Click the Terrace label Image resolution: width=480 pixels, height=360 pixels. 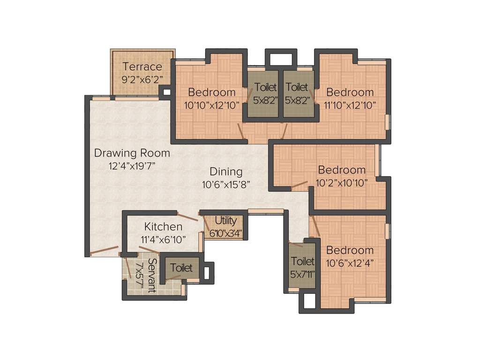click(142, 67)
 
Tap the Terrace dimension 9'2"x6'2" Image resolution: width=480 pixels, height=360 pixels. click(142, 80)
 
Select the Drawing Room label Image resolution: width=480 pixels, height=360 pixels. click(132, 153)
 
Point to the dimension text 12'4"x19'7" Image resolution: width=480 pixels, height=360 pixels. click(132, 165)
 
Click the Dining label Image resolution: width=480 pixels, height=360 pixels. click(226, 172)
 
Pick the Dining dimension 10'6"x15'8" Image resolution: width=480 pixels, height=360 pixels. click(226, 184)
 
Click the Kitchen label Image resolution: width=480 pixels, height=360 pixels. click(163, 227)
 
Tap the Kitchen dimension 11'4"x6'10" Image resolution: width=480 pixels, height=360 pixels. click(163, 239)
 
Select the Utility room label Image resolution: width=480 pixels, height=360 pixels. click(225, 220)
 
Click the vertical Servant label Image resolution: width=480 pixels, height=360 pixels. click(151, 275)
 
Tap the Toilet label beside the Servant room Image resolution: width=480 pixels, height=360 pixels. click(181, 268)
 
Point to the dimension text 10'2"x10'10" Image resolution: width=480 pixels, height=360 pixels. click(342, 182)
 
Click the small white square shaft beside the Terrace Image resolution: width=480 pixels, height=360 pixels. click(165, 91)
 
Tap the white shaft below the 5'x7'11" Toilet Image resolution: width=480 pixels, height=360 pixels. click(309, 302)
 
